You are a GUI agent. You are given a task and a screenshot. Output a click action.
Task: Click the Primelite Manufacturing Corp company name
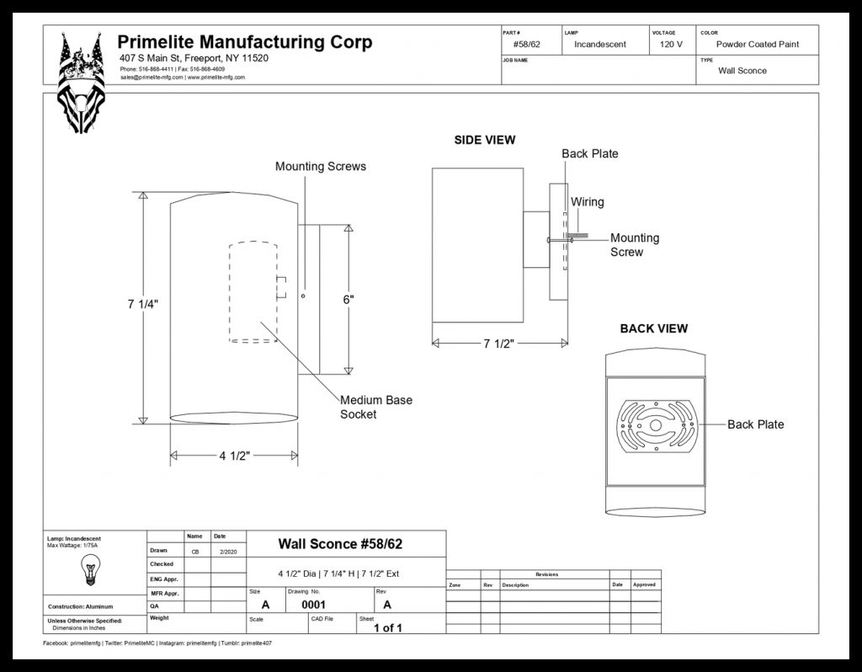point(244,42)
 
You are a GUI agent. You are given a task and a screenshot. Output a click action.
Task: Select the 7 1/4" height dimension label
point(143,304)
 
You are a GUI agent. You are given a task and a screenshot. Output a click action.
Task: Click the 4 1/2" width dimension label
point(235,456)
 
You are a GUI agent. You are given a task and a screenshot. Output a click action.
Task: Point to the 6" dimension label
point(349,299)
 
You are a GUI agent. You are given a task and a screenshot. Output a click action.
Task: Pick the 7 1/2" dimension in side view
point(499,343)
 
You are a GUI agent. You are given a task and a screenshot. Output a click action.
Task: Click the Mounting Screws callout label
point(321,167)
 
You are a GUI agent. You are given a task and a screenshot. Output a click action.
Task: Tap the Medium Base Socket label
point(376,407)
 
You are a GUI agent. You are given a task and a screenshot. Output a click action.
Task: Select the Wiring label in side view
point(587,202)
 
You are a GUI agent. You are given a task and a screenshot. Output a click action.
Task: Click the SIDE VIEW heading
point(485,140)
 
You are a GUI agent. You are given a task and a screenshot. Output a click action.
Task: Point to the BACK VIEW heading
point(653,328)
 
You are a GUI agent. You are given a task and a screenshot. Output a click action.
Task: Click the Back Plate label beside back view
point(755,424)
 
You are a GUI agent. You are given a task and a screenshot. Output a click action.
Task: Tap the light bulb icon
point(88,569)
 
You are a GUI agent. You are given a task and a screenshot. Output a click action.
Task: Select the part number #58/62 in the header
point(527,44)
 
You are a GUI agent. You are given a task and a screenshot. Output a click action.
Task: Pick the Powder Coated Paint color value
point(757,44)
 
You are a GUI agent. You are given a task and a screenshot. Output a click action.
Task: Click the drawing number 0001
point(314,604)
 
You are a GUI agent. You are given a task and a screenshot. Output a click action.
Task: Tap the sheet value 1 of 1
point(388,627)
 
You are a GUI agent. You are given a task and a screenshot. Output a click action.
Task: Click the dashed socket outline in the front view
point(253,292)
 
